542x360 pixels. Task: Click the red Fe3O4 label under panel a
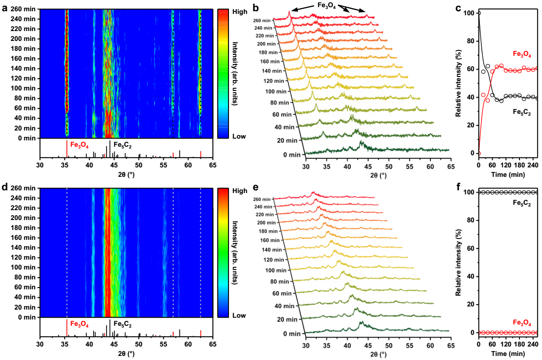click(79, 145)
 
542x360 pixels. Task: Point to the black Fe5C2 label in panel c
click(522, 113)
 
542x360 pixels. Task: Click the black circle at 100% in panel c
click(479, 13)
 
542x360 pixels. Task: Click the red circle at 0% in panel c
click(479, 153)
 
